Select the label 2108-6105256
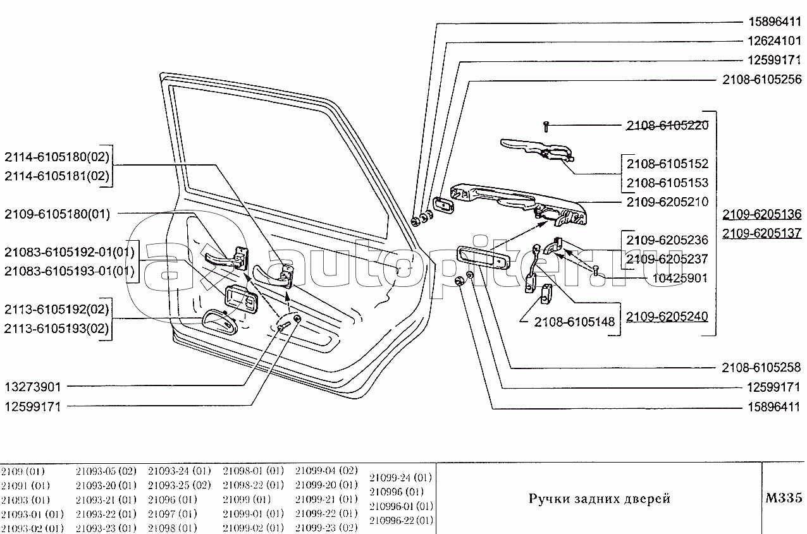761,80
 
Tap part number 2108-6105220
667,125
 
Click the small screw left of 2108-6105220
547,126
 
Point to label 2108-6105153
667,183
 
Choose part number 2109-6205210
667,202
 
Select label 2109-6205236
667,240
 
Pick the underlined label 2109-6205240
667,316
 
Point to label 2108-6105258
761,367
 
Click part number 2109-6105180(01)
57,214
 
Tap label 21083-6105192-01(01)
70,252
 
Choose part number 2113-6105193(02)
57,329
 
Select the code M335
783,498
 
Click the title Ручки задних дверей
599,499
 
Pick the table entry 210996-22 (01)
401,520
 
